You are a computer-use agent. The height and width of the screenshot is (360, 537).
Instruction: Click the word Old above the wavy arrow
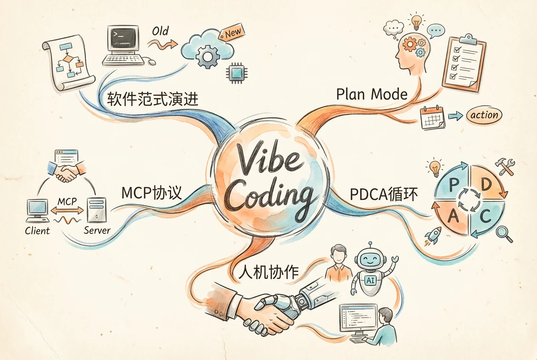point(161,31)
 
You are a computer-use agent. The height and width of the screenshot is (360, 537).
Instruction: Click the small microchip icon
point(237,73)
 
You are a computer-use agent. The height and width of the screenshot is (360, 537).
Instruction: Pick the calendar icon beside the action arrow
point(433,118)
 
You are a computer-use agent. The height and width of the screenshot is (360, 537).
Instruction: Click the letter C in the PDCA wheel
point(485,216)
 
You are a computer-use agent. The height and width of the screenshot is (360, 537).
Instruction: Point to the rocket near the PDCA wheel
point(433,236)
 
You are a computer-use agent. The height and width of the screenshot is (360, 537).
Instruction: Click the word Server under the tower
point(97,231)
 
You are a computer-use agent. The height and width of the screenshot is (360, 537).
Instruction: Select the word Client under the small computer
point(37,231)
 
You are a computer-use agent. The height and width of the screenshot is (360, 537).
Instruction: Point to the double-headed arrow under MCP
point(67,211)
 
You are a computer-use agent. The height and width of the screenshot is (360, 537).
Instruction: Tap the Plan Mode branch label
point(372,94)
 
